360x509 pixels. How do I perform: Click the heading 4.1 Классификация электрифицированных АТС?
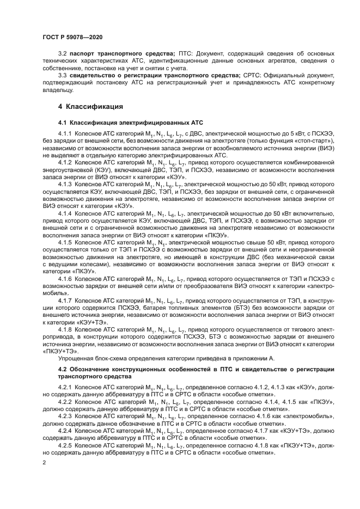[130, 124]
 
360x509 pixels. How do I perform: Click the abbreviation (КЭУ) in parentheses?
[86, 169]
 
